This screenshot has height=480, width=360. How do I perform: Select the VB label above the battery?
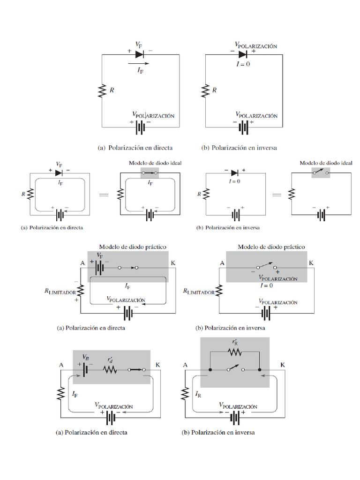(85, 357)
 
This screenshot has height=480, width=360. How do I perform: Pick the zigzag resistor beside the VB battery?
(110, 369)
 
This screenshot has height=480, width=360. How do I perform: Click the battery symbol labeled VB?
(85, 369)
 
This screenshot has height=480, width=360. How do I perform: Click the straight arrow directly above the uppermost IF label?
(138, 63)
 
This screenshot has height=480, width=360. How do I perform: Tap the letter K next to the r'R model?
(283, 365)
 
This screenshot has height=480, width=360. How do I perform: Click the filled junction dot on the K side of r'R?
(259, 370)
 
